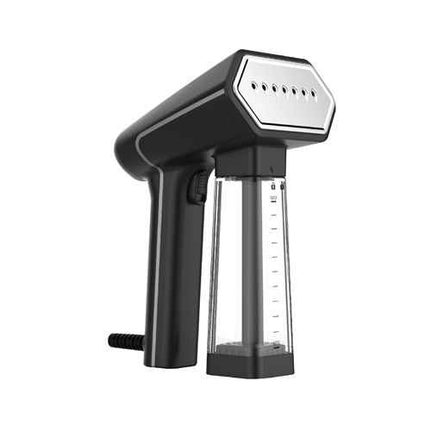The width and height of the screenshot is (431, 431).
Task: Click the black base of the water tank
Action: point(250,367)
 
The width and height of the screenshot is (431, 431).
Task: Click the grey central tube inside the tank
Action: point(251,267)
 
